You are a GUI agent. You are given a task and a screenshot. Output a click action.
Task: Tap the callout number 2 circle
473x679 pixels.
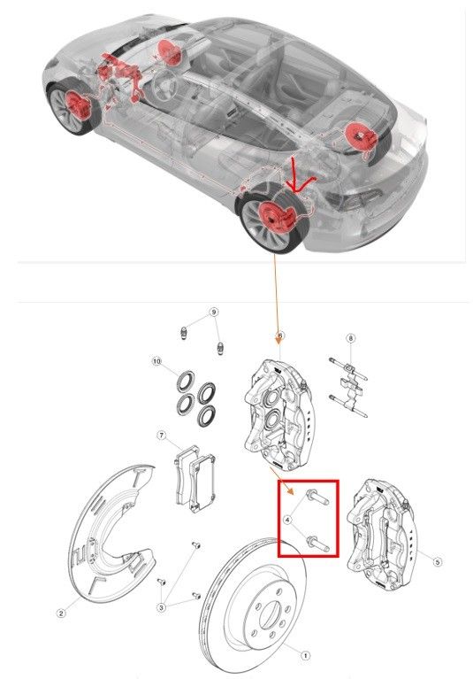coord(61,613)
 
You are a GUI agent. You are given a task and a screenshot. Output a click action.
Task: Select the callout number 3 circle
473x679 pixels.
coord(161,607)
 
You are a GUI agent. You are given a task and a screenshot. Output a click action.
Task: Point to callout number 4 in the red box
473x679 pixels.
coord(288,519)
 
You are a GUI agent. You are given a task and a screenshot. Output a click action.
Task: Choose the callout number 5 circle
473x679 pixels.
coord(438,561)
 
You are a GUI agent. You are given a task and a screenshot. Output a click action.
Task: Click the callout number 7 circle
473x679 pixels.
coord(162,435)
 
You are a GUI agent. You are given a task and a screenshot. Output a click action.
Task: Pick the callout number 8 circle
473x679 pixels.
coord(350,338)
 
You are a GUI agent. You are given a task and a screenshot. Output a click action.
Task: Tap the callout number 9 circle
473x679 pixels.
coord(213,312)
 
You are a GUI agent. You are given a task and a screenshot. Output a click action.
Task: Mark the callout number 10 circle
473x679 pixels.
coord(156,360)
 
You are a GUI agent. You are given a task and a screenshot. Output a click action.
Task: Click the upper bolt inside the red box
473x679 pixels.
coord(317,498)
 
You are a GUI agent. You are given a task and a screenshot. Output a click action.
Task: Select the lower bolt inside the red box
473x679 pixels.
coord(317,544)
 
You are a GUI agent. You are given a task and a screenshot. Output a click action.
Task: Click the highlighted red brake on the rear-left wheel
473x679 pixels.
coord(276,218)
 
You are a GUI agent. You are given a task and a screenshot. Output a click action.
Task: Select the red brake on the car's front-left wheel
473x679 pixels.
coord(79,105)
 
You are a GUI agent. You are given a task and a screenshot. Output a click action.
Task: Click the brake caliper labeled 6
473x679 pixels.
coord(278,413)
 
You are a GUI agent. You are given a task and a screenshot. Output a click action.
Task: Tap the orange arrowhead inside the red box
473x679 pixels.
coord(293,490)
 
